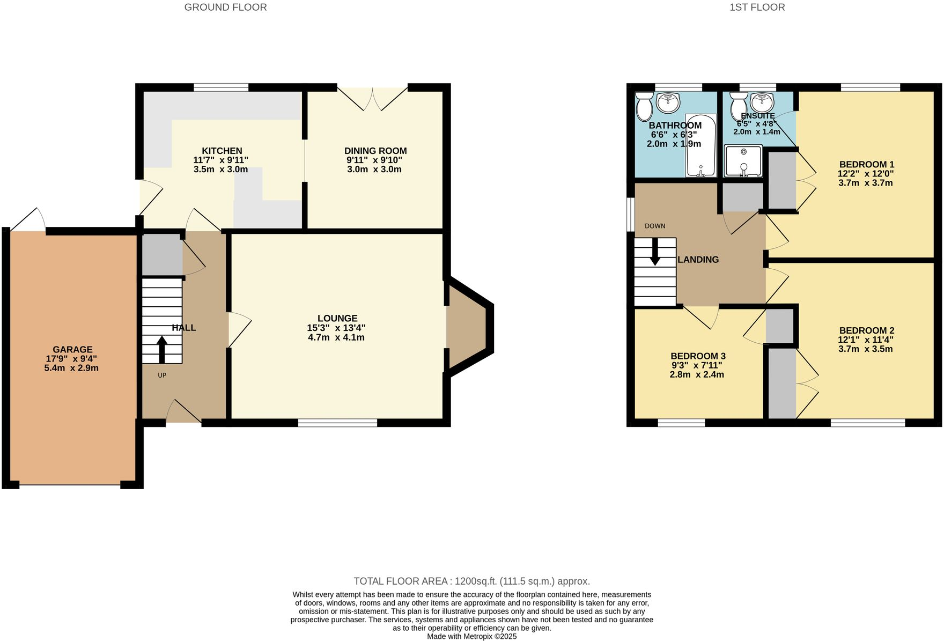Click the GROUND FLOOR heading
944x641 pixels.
click(225, 7)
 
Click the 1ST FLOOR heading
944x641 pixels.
click(757, 7)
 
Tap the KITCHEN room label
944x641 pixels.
click(222, 151)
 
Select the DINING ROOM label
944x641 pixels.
click(375, 151)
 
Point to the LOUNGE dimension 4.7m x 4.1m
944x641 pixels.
click(336, 337)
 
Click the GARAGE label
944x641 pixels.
click(72, 349)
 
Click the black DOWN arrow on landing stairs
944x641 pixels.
click(655, 252)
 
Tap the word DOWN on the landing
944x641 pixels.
click(655, 226)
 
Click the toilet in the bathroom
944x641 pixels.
click(644, 106)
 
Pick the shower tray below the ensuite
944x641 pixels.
click(743, 161)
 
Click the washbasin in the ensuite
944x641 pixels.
click(762, 101)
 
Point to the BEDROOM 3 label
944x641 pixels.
click(698, 356)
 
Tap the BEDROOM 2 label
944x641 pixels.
click(866, 330)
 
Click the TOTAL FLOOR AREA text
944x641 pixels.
click(471, 581)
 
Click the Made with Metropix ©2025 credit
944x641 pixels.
click(471, 636)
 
